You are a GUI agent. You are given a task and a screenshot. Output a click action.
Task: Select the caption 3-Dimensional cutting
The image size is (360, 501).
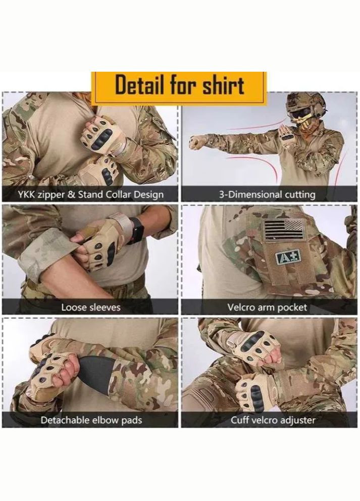pos(267,194)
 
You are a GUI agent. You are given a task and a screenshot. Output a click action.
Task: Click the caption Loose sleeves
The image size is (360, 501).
pos(91,307)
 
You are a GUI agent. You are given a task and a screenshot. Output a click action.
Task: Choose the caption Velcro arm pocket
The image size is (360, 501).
pos(267,307)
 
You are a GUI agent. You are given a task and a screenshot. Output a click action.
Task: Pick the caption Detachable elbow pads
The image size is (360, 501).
pos(91,420)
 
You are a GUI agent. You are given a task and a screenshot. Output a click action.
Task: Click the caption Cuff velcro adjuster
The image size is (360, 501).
pos(273,420)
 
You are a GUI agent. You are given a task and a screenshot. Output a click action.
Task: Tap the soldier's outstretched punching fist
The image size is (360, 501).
pos(194,142)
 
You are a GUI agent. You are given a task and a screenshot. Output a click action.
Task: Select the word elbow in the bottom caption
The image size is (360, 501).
pos(106,420)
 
